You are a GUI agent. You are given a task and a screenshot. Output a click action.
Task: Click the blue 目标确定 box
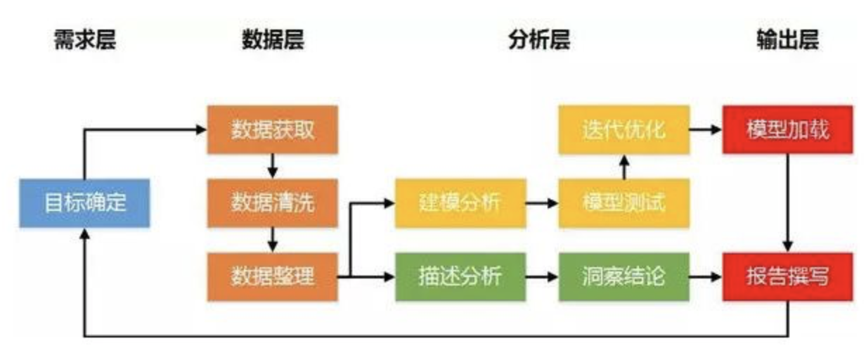[x=84, y=203]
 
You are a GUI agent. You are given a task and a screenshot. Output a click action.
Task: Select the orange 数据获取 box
[x=272, y=129]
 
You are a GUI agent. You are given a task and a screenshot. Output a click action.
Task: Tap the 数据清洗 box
[x=272, y=203]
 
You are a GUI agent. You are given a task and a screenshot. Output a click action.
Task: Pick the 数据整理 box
[x=272, y=276]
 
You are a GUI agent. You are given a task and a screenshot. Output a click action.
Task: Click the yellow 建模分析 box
[x=460, y=203]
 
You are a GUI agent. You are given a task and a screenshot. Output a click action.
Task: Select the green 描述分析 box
[x=460, y=276]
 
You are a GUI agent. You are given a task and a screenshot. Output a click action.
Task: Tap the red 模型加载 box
[x=788, y=129]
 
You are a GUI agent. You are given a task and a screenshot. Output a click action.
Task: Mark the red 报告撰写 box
[x=788, y=276]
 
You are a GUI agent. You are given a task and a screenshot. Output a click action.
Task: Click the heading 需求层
[x=84, y=40]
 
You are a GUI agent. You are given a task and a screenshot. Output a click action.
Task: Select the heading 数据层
[x=273, y=40]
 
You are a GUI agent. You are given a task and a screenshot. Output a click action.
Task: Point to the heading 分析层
[x=538, y=40]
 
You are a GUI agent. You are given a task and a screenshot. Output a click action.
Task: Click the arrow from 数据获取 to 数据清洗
[x=273, y=167]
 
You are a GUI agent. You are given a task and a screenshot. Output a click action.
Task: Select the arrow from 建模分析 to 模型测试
[x=542, y=203]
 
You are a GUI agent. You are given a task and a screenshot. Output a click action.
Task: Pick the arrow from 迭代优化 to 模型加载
[x=706, y=129]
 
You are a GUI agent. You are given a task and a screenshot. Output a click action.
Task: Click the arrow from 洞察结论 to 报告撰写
[x=706, y=276]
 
